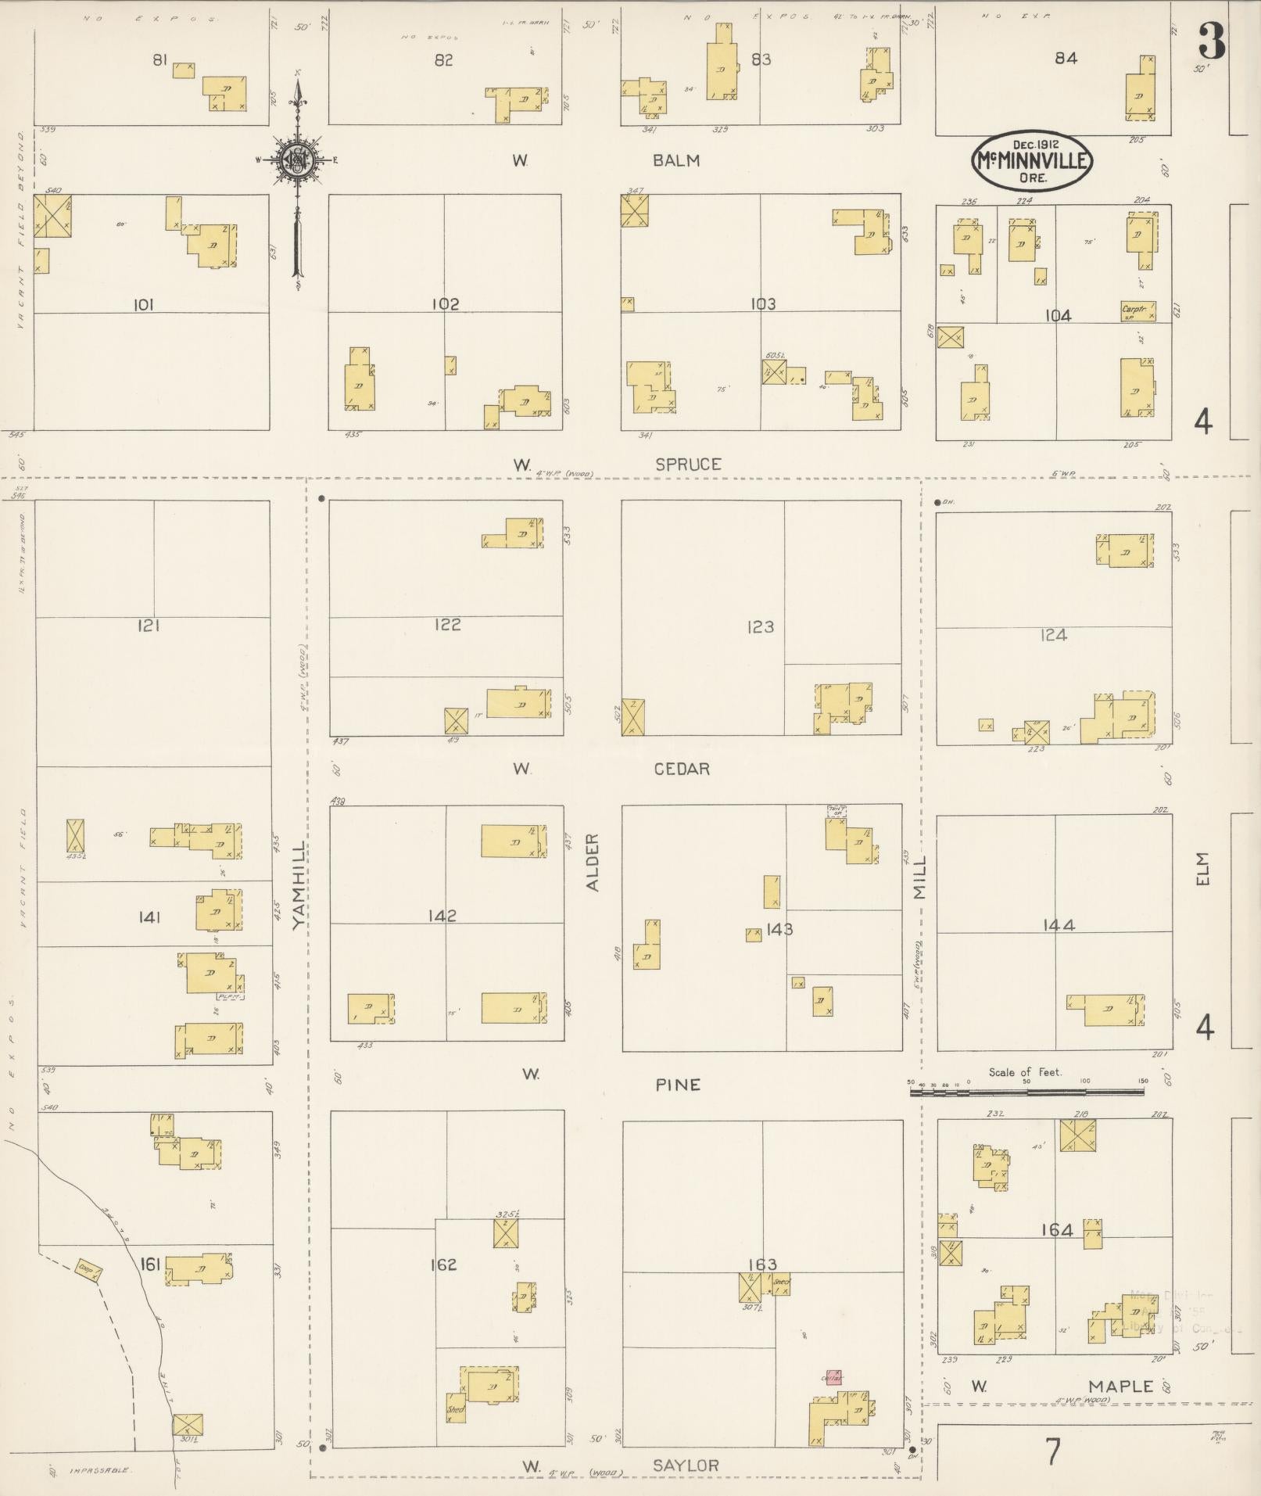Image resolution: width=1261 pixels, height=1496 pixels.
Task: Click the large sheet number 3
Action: point(1211,41)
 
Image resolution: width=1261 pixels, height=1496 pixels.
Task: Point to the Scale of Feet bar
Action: point(1026,1091)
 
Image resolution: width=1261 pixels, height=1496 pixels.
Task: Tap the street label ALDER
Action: point(593,862)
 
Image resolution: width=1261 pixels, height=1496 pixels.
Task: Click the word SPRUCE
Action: point(688,465)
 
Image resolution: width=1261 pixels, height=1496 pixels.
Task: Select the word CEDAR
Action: point(682,769)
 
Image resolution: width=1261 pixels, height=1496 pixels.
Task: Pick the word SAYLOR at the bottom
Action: point(686,1465)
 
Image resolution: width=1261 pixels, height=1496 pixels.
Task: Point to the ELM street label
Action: point(1202,869)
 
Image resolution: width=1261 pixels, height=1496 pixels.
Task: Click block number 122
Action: point(446,624)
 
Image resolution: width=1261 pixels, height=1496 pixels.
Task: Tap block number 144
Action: point(1059,925)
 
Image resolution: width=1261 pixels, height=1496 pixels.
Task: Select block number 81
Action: point(160,59)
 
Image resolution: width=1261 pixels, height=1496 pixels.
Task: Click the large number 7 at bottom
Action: point(1053,1452)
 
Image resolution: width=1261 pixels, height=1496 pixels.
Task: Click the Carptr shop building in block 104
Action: point(1137,311)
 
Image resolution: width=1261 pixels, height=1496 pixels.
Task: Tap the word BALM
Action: point(677,160)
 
